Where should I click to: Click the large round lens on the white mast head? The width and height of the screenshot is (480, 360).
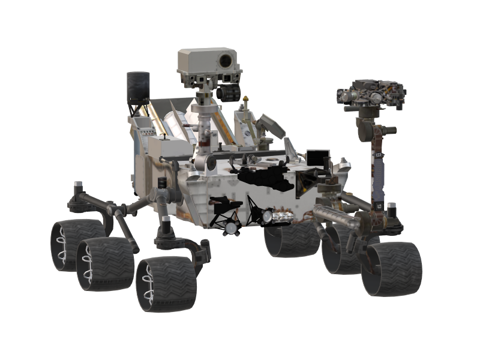pos(226,60)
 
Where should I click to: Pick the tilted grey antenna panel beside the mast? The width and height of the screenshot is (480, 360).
pos(268,126)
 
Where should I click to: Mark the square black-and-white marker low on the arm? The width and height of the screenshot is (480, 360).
pos(380,206)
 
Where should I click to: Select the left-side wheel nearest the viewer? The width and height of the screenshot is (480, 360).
pos(164,284)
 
